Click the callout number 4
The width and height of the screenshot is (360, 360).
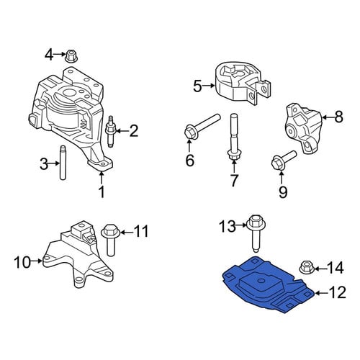tap(48, 55)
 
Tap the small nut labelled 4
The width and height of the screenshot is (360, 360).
tap(71, 56)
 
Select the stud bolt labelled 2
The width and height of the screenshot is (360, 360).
tap(110, 132)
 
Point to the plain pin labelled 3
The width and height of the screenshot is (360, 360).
tap(63, 163)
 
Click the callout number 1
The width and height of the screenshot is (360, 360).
tap(102, 192)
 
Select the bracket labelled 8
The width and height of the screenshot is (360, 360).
tap(303, 128)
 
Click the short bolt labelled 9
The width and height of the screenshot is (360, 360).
tap(284, 159)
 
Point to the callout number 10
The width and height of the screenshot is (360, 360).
tap(22, 262)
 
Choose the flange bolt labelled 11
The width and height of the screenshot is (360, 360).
tap(109, 240)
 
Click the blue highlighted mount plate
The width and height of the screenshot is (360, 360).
tap(268, 284)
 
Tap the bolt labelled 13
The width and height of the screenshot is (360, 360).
tap(256, 233)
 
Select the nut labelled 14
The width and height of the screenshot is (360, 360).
tap(307, 267)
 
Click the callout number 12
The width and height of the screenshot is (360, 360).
tap(338, 292)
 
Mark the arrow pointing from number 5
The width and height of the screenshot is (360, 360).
tap(208, 85)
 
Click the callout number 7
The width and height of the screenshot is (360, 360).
tap(234, 180)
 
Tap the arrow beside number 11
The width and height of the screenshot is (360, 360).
tap(127, 232)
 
